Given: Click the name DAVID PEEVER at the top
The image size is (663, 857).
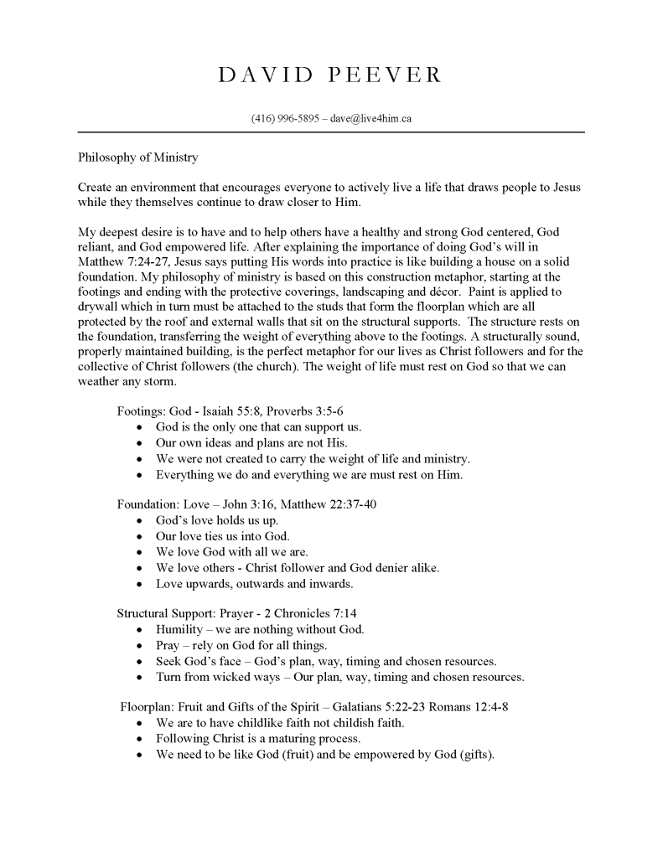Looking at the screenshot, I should (330, 75).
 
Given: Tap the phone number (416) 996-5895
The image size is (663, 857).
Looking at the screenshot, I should (285, 119).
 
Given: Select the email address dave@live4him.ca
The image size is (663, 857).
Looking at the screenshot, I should (370, 119).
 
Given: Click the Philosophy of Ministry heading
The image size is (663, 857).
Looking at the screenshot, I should (138, 157).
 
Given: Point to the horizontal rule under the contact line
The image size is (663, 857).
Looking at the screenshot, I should (330, 132).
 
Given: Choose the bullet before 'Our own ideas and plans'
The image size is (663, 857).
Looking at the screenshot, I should (138, 443).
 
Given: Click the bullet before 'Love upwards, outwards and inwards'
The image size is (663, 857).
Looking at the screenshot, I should (138, 584).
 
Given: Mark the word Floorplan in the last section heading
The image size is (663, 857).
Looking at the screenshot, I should (148, 707).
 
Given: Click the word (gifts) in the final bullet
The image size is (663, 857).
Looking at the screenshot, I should (473, 755).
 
